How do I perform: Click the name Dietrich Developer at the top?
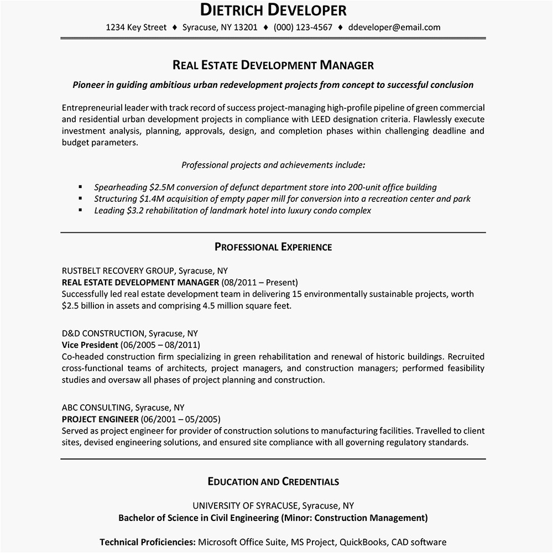click(273, 10)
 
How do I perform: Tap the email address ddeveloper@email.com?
click(395, 27)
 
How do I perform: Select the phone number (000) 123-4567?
click(303, 27)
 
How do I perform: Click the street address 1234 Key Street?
click(136, 27)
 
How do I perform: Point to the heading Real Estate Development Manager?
click(273, 65)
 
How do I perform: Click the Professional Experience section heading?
click(273, 247)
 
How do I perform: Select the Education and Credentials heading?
click(273, 482)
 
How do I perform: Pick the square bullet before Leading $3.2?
click(81, 210)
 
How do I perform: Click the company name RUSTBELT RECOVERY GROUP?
click(118, 271)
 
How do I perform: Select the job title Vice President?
click(90, 345)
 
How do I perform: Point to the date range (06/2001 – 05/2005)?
click(185, 419)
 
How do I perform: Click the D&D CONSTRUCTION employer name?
click(102, 333)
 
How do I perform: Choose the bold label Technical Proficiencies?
click(147, 542)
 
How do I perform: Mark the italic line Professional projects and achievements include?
click(273, 165)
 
